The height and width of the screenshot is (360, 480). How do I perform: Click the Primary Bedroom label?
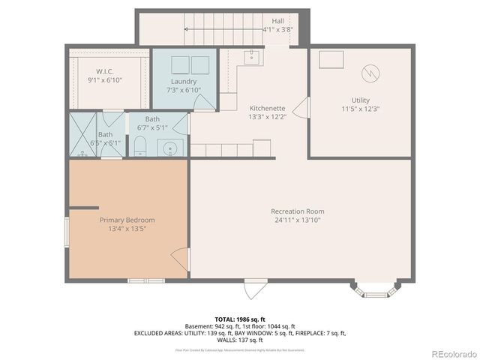(127, 220)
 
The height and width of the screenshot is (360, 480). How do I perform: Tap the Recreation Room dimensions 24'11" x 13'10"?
(297, 220)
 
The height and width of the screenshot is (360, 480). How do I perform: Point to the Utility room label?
(360, 100)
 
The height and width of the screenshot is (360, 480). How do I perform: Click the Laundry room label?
(183, 81)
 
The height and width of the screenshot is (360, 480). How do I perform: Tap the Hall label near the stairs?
(277, 21)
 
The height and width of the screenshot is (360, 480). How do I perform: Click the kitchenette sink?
(252, 55)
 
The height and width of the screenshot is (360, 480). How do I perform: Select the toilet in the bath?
(139, 145)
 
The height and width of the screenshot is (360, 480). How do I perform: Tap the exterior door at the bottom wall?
(254, 287)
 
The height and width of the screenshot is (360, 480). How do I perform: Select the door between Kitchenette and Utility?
(301, 108)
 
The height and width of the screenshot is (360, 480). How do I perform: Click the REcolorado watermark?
(451, 352)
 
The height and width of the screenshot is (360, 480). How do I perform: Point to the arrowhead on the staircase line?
(184, 29)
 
